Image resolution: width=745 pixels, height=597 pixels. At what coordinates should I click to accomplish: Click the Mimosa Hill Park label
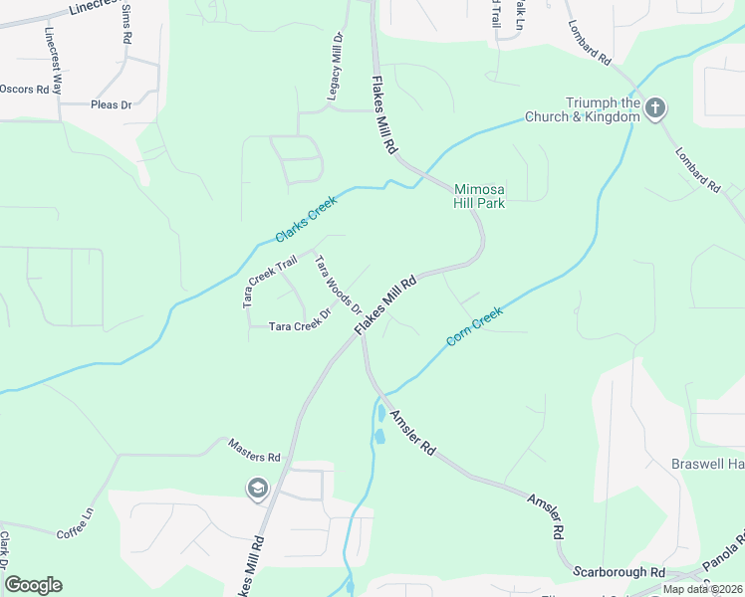(480, 196)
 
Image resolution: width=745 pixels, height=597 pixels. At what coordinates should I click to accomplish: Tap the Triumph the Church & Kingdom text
(603, 109)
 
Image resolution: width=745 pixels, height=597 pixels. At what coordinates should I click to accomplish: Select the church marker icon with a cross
(654, 107)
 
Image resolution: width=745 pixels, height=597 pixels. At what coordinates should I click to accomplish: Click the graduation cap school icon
(257, 488)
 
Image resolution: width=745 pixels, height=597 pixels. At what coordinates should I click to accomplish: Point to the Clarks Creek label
(307, 219)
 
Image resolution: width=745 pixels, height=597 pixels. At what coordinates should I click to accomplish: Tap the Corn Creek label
(475, 326)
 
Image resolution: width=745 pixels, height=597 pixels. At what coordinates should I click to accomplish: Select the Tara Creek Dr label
(299, 325)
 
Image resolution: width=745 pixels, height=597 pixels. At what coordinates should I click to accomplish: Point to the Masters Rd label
(255, 457)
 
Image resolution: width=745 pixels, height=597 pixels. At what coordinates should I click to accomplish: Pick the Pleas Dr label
(111, 104)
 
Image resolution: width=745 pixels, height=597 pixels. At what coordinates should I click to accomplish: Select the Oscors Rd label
(24, 89)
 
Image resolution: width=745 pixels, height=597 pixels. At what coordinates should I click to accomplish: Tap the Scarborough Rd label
(619, 572)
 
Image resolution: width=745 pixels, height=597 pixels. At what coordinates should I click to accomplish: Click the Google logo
(33, 585)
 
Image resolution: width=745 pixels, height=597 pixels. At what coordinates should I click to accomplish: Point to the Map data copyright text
(702, 589)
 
